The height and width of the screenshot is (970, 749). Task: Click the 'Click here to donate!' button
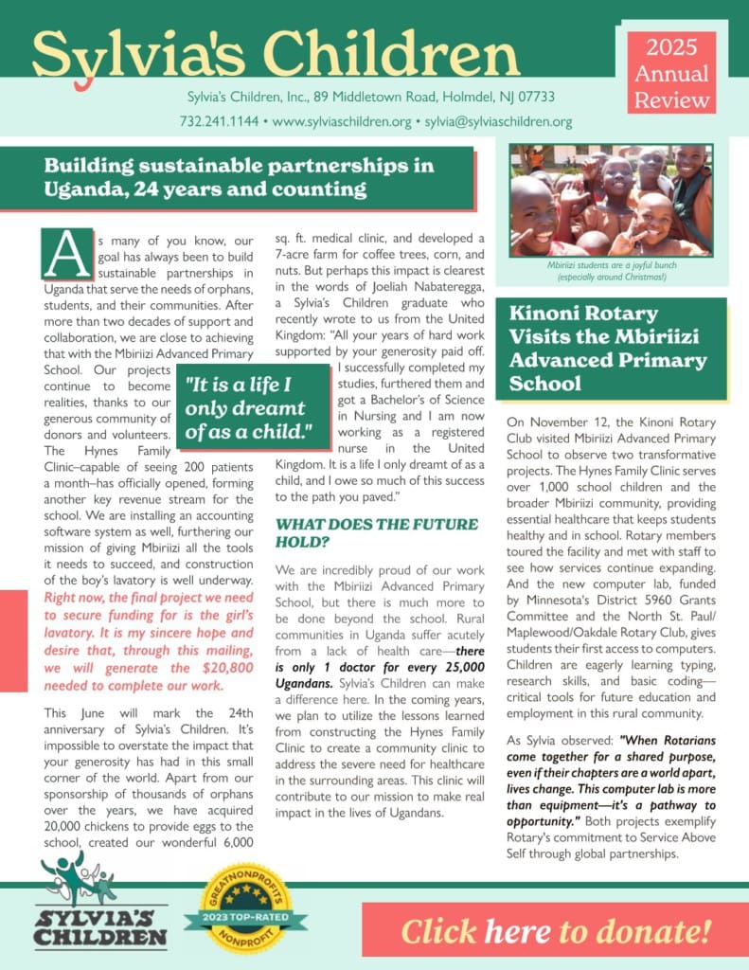pyautogui.click(x=555, y=930)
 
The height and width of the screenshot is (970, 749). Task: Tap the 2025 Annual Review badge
pyautogui.click(x=671, y=73)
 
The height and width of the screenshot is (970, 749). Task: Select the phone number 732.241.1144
pyautogui.click(x=218, y=122)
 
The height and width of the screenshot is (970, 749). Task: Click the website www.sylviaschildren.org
pyautogui.click(x=342, y=122)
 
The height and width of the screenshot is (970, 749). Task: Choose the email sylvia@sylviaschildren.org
pyautogui.click(x=498, y=122)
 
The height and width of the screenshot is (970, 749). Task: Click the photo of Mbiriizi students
pyautogui.click(x=611, y=200)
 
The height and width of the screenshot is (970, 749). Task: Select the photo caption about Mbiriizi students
pyautogui.click(x=611, y=271)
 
